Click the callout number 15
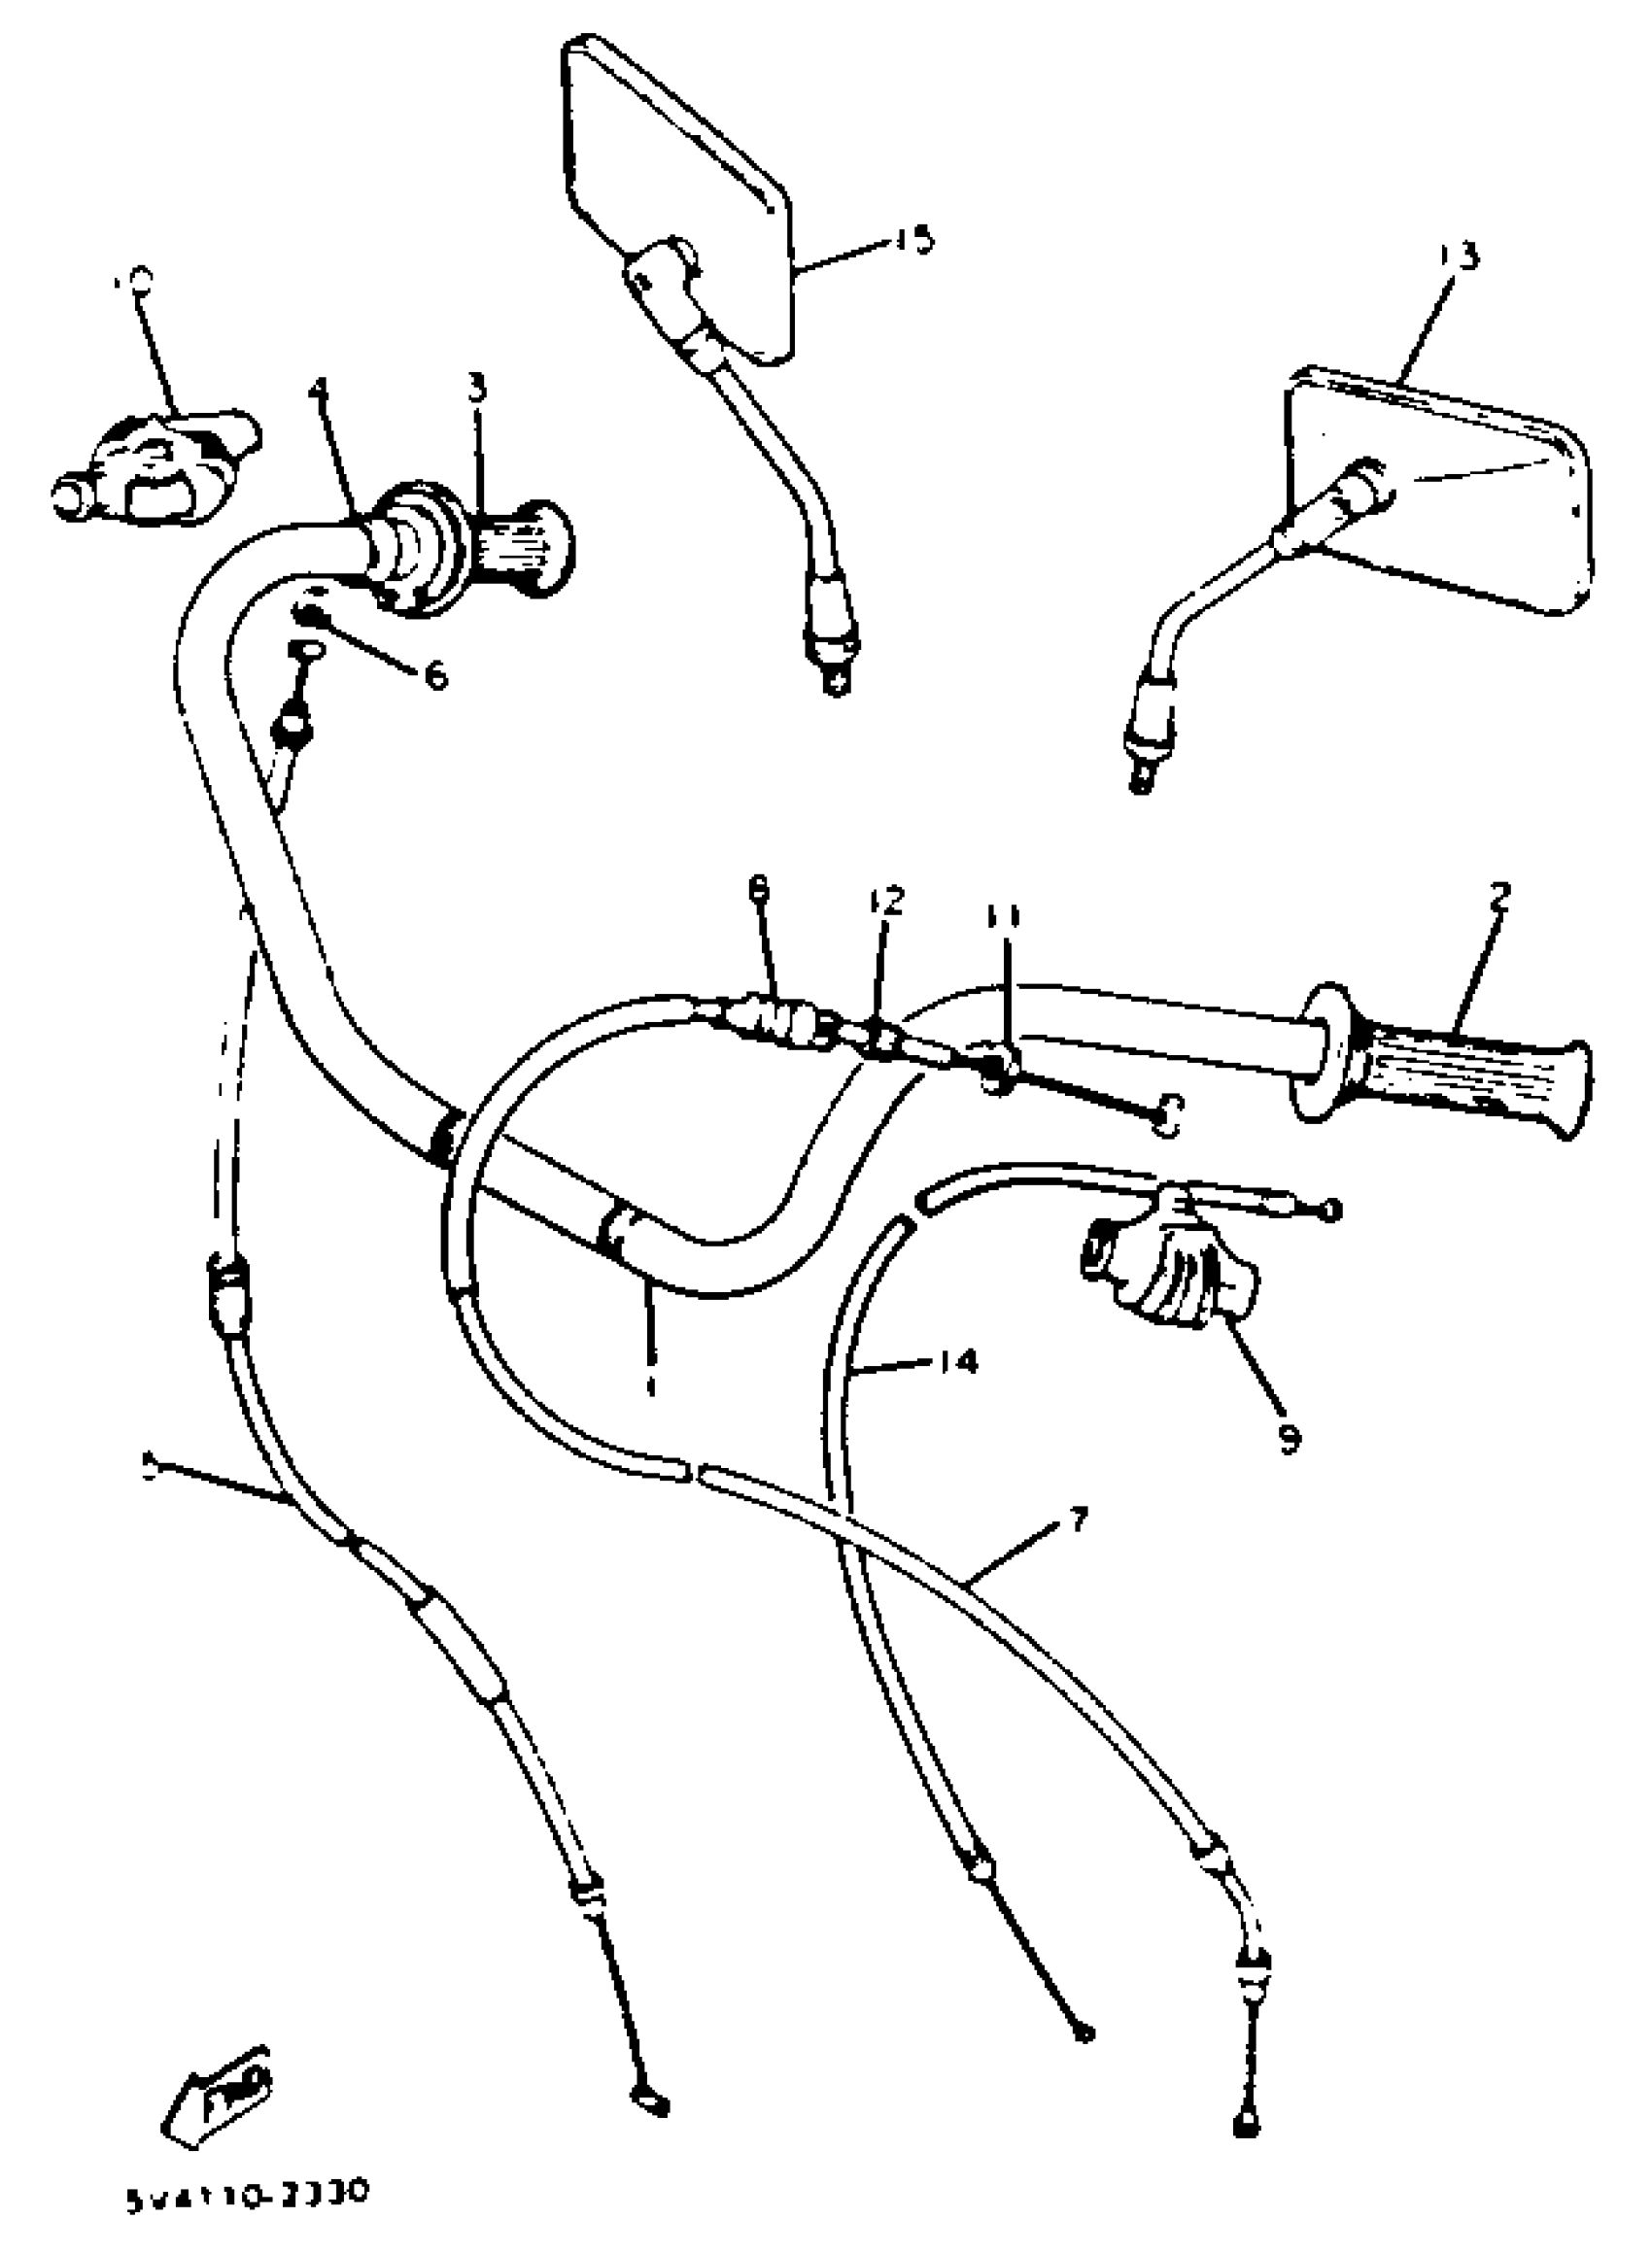pos(913,239)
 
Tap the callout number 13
pos(1459,256)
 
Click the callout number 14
pos(957,1360)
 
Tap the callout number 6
pos(436,677)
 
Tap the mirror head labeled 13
pos(1440,490)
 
